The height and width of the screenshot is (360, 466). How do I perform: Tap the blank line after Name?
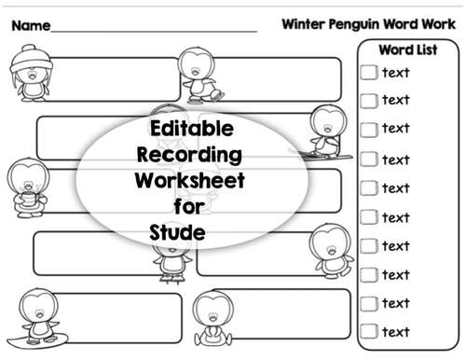pyautogui.click(x=154, y=31)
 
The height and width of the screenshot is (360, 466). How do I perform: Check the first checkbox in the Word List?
pyautogui.click(x=369, y=72)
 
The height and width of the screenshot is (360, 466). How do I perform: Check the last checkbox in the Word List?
pyautogui.click(x=369, y=331)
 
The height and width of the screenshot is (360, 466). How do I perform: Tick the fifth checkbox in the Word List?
pyautogui.click(x=369, y=187)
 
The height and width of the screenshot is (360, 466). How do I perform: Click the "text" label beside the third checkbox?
pyautogui.click(x=396, y=129)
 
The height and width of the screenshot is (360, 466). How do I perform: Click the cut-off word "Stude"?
pyautogui.click(x=177, y=229)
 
